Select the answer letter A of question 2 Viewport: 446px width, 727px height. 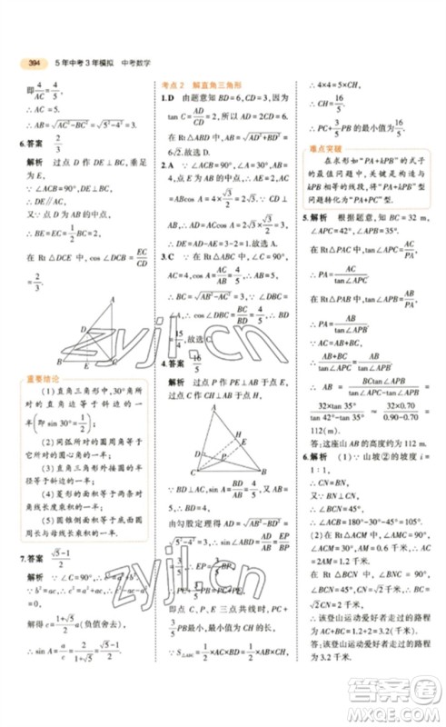click(170, 165)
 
